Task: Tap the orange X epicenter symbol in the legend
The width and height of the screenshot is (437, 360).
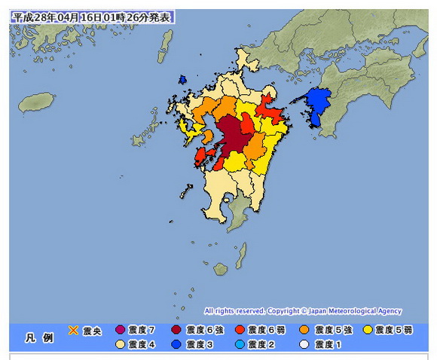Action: pos(74,329)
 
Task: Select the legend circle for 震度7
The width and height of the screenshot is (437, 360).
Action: pos(119,330)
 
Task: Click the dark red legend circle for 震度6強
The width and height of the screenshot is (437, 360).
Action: pos(176,330)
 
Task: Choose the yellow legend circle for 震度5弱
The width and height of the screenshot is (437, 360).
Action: pos(368,330)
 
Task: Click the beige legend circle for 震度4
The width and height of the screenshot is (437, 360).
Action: pos(119,344)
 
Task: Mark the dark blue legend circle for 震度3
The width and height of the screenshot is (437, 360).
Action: pos(176,344)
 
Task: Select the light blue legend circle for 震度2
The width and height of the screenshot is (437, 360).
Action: pos(239,344)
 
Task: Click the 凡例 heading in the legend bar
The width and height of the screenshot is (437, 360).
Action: pos(38,337)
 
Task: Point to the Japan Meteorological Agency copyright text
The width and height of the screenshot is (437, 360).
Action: pos(302,311)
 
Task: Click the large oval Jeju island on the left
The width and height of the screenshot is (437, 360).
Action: pos(33,102)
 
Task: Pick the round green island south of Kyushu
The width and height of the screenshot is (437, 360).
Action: pos(220,268)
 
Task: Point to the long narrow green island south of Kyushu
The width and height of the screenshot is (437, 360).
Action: pos(241,255)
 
